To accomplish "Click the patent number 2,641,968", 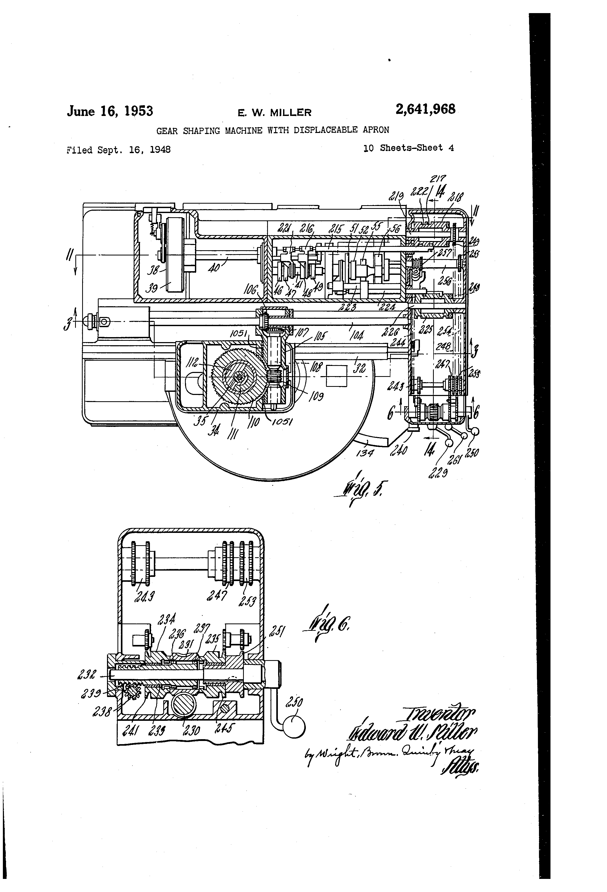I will (x=425, y=110).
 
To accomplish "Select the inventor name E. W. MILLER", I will (x=274, y=113).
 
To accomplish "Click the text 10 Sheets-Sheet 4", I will (x=409, y=148).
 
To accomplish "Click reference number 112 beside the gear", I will (x=193, y=362).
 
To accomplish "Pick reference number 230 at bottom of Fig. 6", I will (x=191, y=729).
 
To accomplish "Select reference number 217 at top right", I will (x=437, y=179).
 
